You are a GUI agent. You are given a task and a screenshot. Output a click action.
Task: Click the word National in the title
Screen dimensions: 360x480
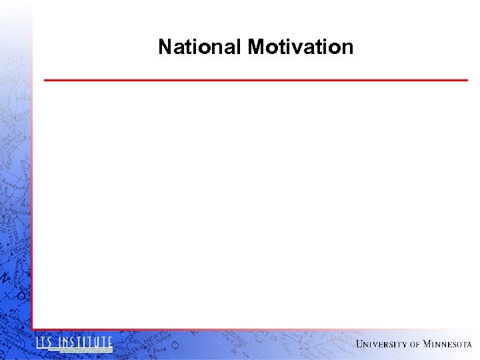point(200,47)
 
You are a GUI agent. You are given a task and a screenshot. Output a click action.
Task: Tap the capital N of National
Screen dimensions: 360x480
point(165,47)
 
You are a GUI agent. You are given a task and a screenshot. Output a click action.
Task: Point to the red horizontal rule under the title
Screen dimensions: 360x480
point(256,80)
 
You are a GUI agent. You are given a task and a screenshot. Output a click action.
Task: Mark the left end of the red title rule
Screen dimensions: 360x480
point(45,80)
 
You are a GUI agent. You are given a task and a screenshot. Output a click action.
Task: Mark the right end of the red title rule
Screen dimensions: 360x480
point(467,80)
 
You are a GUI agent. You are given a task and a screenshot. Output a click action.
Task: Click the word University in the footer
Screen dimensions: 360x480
point(381,344)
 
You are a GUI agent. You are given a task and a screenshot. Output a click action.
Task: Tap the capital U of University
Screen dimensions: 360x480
point(360,344)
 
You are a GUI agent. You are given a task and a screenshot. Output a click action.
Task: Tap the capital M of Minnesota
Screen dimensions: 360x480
point(427,344)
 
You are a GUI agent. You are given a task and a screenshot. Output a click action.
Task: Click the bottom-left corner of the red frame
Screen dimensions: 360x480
point(32,329)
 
